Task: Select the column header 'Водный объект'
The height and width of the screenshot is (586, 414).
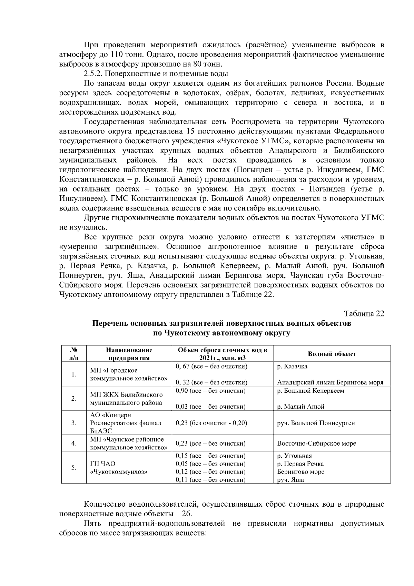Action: [332, 354]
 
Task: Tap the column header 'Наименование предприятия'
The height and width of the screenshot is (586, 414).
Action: [129, 354]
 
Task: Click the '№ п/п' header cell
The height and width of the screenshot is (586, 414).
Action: [74, 354]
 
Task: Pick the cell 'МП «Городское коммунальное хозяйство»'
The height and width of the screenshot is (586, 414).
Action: [129, 374]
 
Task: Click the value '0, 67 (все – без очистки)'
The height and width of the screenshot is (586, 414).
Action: [211, 366]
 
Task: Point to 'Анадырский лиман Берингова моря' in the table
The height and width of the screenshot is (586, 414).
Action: [330, 382]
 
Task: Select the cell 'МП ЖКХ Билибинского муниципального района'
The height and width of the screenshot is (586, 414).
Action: [126, 398]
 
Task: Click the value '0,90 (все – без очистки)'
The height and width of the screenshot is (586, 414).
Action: [210, 391]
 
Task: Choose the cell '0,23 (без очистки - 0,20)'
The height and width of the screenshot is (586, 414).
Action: [211, 423]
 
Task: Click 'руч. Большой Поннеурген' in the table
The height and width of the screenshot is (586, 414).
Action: [316, 423]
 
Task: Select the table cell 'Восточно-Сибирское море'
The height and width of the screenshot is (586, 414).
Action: [316, 443]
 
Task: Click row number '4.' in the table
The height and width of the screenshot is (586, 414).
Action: [74, 443]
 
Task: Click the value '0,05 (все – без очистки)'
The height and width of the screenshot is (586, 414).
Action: [210, 463]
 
